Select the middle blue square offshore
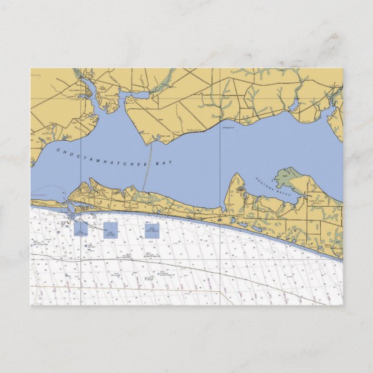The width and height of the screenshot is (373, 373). pos(110,229)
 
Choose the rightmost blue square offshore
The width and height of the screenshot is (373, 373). pos(152,231)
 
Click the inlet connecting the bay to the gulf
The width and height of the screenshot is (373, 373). pos(69,210)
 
